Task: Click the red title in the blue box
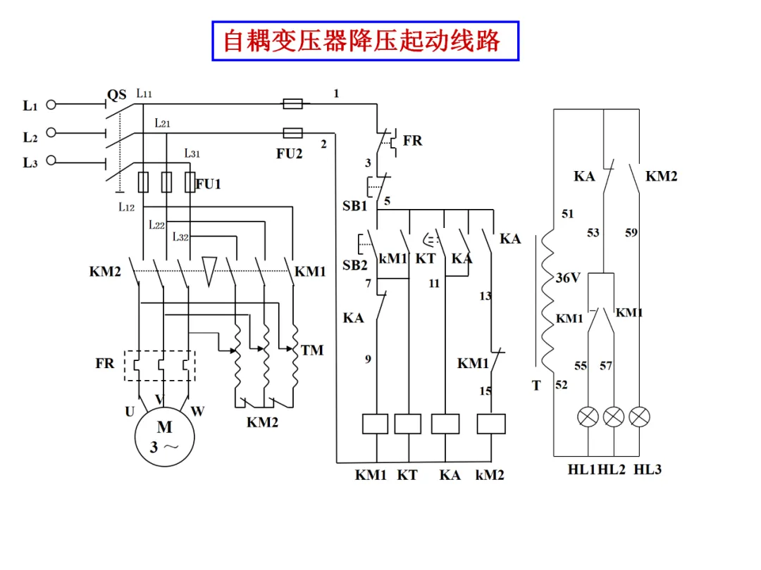point(361,41)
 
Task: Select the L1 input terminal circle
point(51,104)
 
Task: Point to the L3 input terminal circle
point(51,161)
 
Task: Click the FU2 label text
point(290,153)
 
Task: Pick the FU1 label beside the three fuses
point(208,184)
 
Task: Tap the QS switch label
point(116,95)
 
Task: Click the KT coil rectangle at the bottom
point(408,424)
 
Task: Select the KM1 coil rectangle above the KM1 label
point(375,424)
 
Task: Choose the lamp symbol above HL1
point(588,417)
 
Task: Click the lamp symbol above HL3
point(639,417)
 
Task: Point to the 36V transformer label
point(568,278)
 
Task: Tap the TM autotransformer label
point(311,350)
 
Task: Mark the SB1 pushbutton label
point(354,206)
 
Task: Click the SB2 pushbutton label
point(354,265)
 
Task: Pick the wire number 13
point(485,296)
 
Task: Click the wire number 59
point(631,233)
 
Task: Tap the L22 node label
point(156,225)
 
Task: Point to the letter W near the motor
point(197,412)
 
